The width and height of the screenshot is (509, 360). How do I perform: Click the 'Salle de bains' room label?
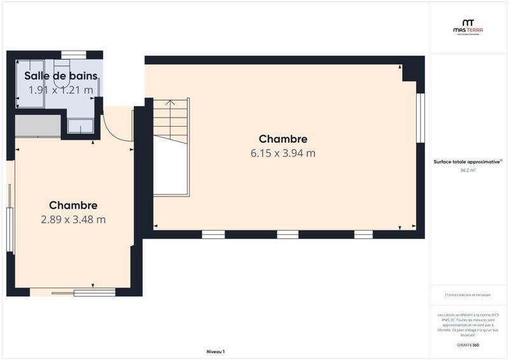[60, 76]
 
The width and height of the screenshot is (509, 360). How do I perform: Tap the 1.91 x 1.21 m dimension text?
[60, 90]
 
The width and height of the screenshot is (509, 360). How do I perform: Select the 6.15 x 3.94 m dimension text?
[283, 153]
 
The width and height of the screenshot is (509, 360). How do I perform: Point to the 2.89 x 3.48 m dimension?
[73, 220]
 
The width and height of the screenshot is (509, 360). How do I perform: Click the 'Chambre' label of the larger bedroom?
[283, 139]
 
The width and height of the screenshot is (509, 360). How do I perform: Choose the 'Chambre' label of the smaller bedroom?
[73, 205]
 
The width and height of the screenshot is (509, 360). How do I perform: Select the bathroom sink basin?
[81, 125]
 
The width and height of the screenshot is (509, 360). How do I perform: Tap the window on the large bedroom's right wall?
[420, 118]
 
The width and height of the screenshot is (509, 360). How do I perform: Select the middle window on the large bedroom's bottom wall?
[288, 235]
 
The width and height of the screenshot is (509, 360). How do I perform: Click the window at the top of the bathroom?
[74, 55]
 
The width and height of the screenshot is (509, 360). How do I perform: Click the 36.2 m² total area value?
[468, 170]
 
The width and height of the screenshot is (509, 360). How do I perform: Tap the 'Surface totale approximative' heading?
[468, 162]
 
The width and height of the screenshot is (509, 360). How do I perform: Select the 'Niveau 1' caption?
[216, 352]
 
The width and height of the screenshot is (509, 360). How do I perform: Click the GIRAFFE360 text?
[468, 345]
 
